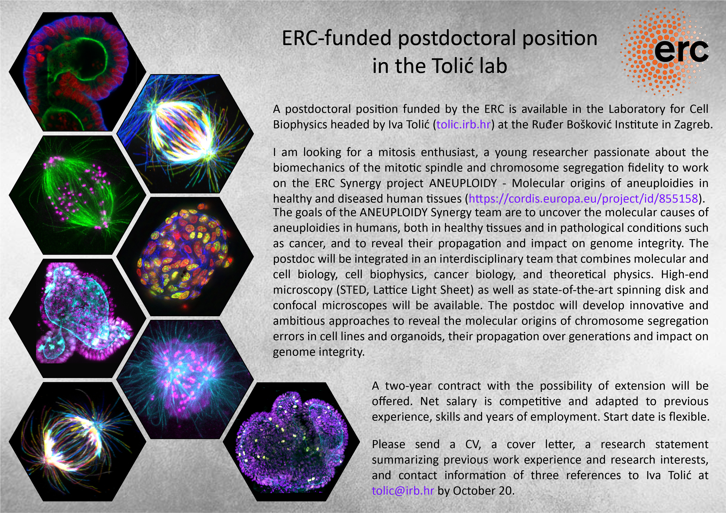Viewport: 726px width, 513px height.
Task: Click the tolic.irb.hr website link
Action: coord(464,124)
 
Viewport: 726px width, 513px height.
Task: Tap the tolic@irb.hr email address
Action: coord(403,490)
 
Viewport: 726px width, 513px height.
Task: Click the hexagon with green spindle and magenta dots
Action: coord(77,195)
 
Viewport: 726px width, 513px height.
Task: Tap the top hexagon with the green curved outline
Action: coord(77,71)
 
